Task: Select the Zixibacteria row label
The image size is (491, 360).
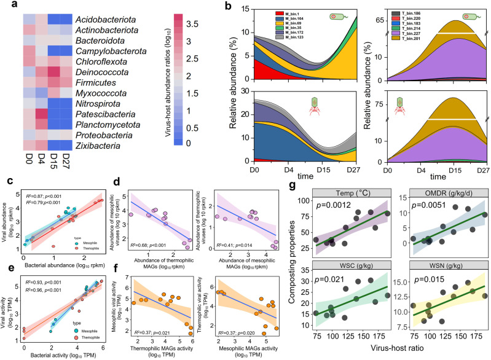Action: (96, 144)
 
